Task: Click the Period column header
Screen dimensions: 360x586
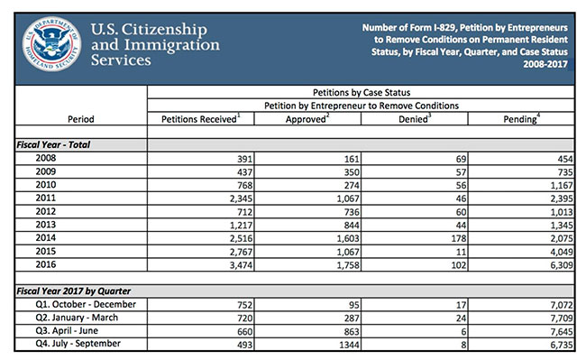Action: (x=80, y=118)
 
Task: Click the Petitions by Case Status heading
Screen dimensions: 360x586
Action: (x=364, y=92)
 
